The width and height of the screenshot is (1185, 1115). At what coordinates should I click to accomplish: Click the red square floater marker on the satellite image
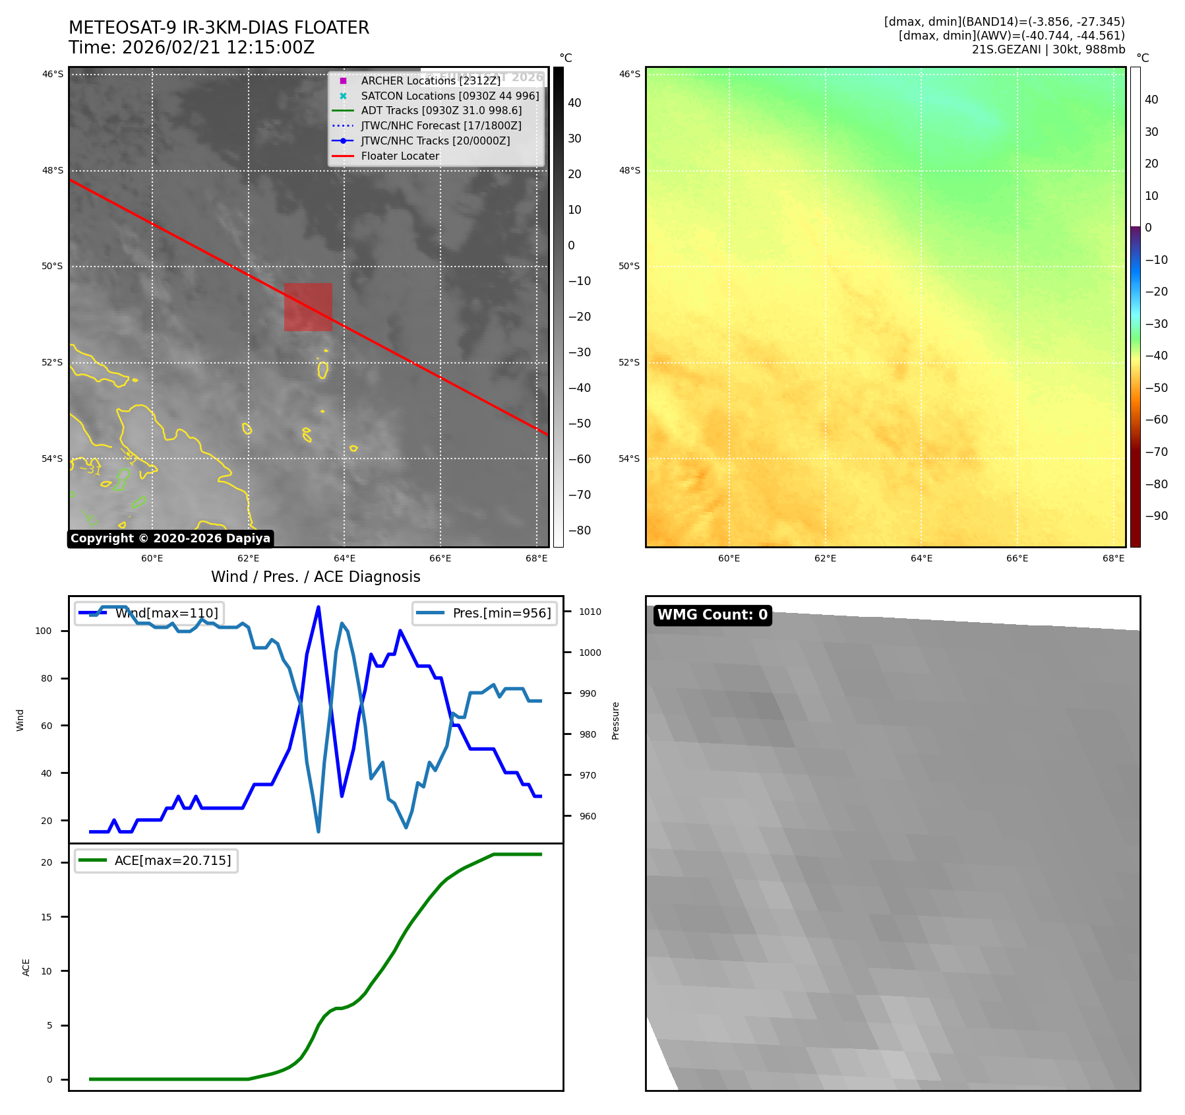click(x=308, y=307)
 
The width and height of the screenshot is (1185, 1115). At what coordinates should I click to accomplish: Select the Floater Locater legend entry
click(x=400, y=156)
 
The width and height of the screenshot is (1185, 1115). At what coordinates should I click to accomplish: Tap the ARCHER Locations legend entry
click(x=431, y=80)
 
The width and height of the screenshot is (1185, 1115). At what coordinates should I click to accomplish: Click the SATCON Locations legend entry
click(x=450, y=96)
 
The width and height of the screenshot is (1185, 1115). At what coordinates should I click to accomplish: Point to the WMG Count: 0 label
click(x=712, y=615)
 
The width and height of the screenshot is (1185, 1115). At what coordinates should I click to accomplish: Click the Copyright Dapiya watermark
click(x=170, y=538)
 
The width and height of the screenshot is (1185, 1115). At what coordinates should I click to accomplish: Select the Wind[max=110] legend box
click(x=149, y=613)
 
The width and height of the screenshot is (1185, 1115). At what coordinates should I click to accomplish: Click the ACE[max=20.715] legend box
click(x=156, y=861)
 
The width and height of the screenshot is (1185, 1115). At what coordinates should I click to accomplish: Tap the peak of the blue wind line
click(x=319, y=607)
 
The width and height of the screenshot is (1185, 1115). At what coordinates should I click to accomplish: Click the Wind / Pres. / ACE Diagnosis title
click(x=315, y=577)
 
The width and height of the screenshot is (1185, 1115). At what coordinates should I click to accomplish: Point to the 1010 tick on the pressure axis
click(x=590, y=612)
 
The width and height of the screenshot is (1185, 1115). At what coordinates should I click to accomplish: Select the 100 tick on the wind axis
click(x=44, y=631)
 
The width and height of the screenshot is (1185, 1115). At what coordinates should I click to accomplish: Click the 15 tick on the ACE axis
click(x=46, y=917)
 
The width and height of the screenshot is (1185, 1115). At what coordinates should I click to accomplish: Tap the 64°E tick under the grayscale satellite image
click(x=344, y=559)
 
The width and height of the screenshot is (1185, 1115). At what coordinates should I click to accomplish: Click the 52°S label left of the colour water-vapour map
click(x=628, y=362)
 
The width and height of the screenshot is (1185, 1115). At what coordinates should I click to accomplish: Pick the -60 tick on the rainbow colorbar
click(x=1156, y=420)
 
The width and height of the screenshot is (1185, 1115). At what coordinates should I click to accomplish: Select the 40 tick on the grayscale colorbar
click(x=574, y=103)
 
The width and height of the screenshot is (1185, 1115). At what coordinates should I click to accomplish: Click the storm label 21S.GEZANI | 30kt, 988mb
click(x=1048, y=49)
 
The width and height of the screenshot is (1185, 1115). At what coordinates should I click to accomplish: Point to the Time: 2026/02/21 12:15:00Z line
click(x=191, y=48)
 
